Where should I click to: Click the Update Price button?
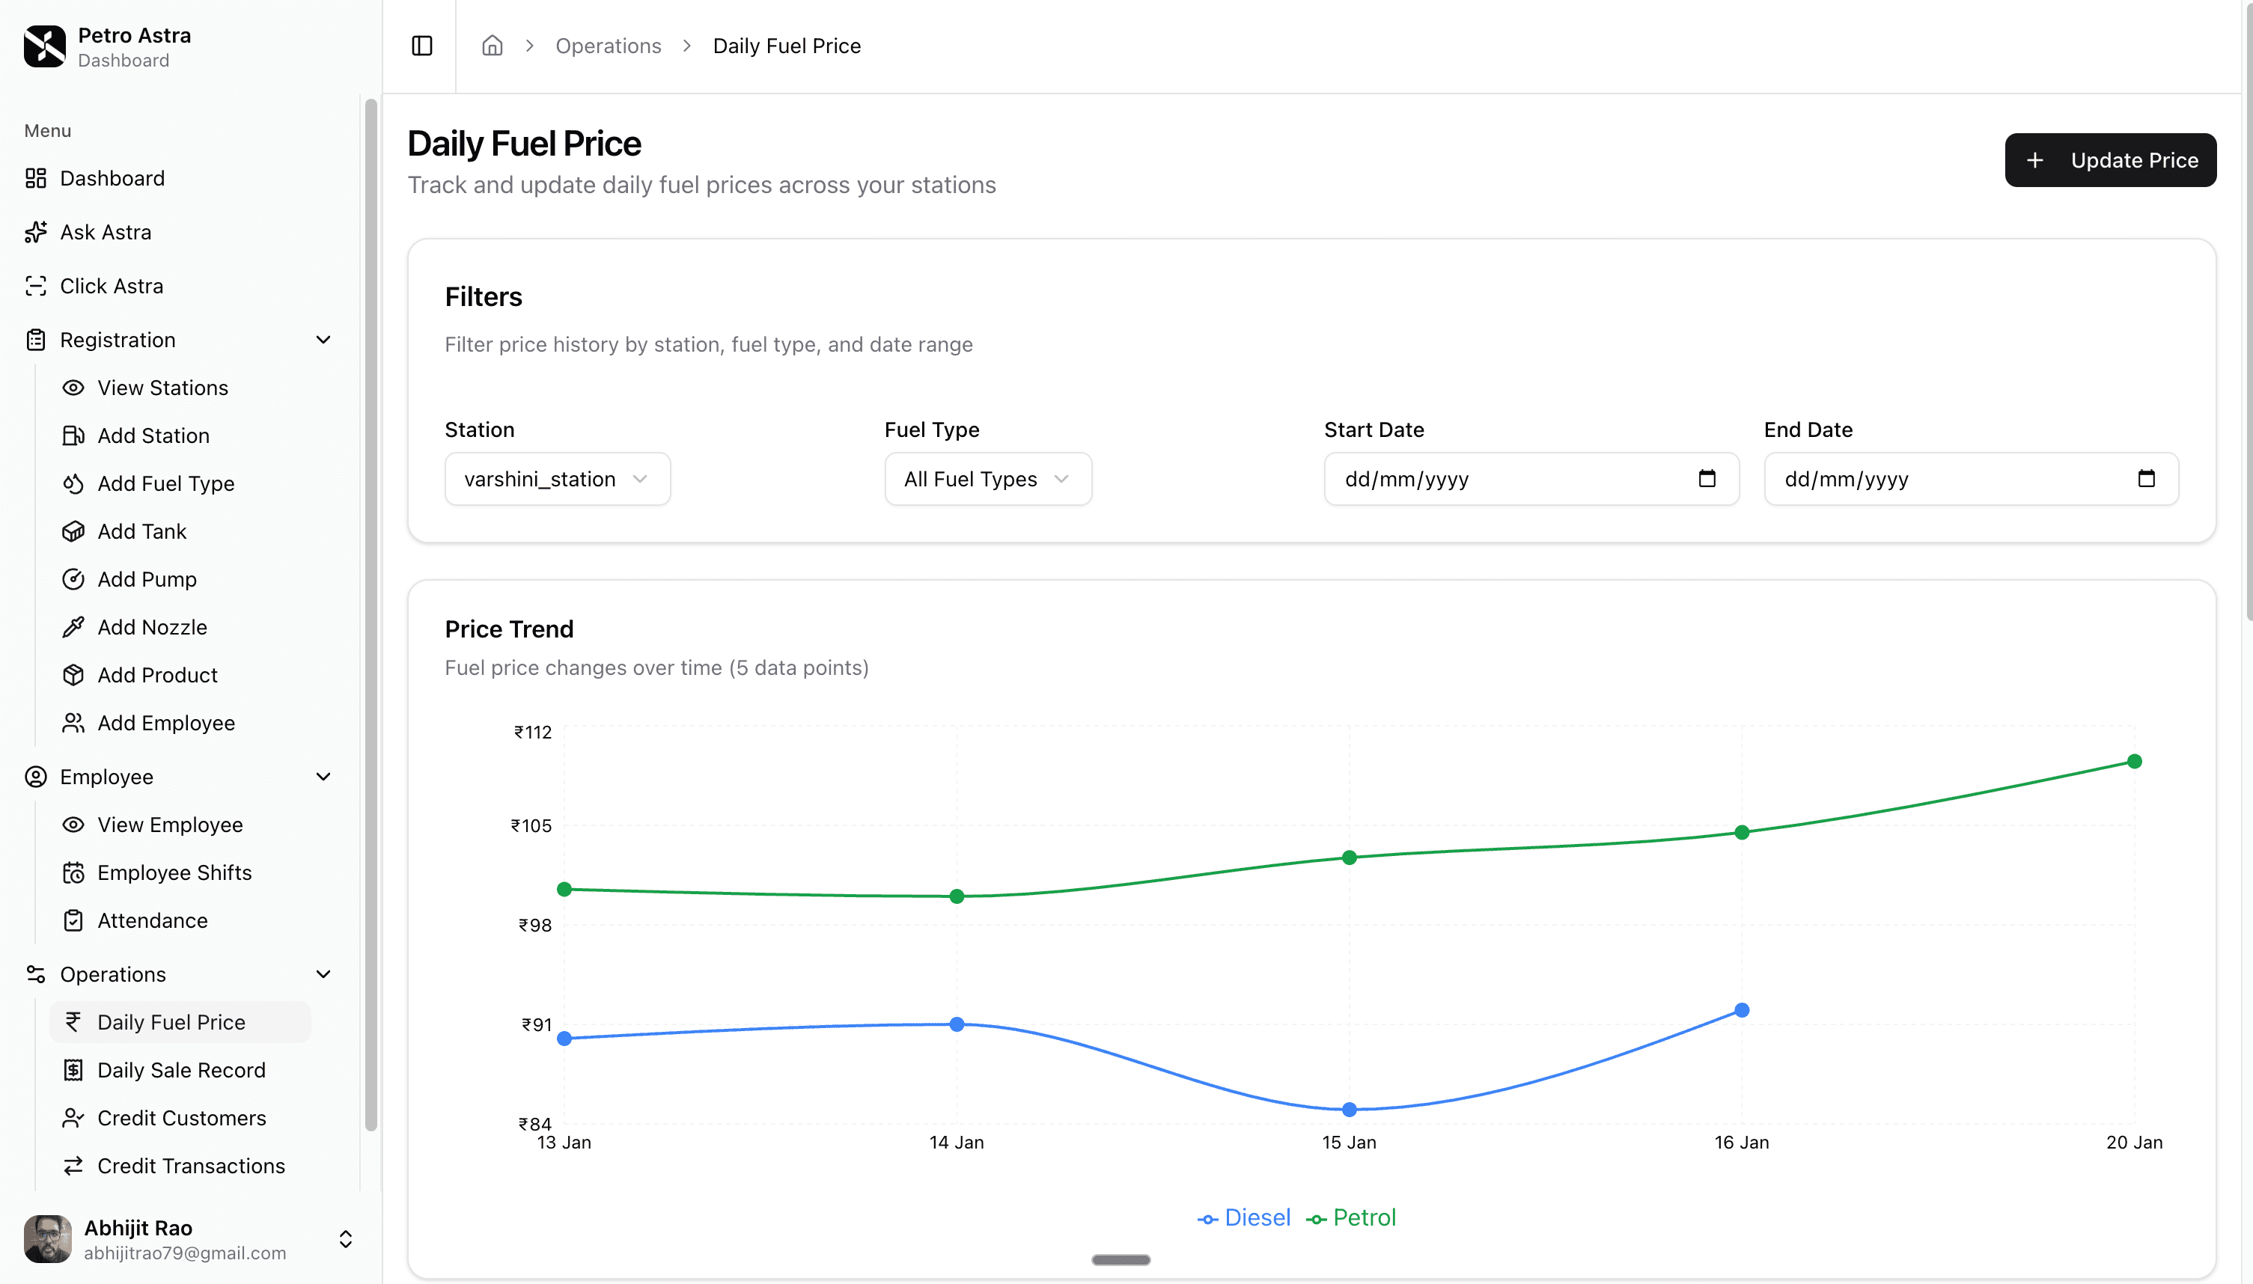point(2109,160)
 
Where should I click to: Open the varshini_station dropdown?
point(557,479)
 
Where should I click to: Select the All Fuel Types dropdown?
point(987,479)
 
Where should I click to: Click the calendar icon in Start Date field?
point(1706,479)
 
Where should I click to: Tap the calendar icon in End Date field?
point(2145,479)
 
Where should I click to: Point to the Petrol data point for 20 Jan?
point(2134,761)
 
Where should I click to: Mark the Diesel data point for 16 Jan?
point(1741,1009)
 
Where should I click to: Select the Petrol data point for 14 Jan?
point(957,896)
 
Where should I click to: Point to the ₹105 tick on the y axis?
point(531,826)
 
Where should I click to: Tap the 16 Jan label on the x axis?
point(1741,1143)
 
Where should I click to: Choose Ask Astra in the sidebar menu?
point(105,232)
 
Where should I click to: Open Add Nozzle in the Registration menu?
point(152,627)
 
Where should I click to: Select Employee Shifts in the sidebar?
point(174,872)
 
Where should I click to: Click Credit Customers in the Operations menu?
point(181,1117)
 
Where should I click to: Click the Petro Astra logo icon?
point(44,46)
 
